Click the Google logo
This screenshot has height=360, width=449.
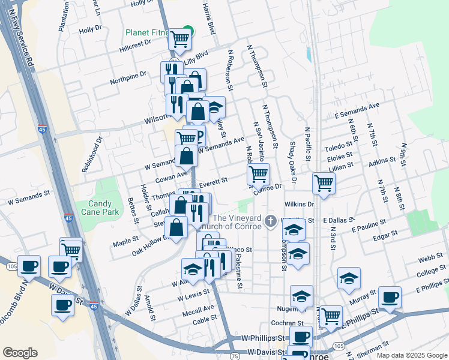tap(20, 353)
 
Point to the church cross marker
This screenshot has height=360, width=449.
tap(271, 222)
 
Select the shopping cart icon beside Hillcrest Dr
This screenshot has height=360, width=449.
tap(179, 39)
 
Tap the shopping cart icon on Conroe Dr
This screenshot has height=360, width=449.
tap(258, 175)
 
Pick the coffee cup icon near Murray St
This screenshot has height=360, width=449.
tap(390, 297)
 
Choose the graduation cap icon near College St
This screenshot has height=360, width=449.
tap(348, 278)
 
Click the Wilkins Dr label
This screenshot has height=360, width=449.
tap(300, 205)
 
